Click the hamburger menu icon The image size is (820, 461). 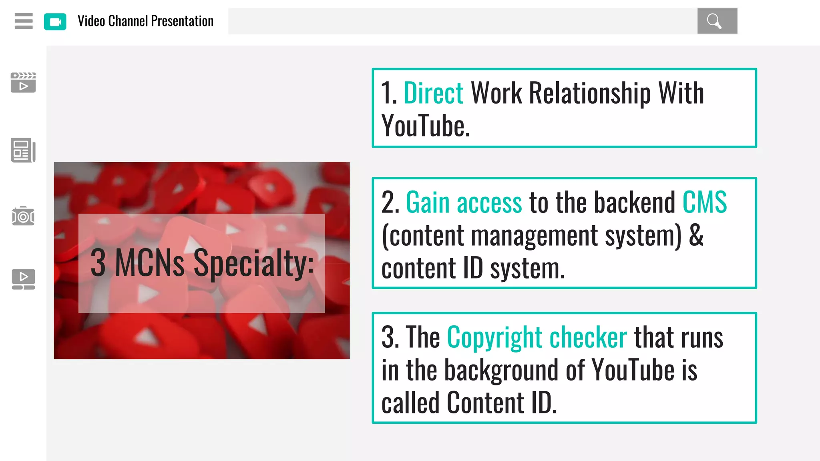[x=24, y=21]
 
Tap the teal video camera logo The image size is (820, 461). [x=55, y=22]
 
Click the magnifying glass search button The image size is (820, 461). [x=717, y=21]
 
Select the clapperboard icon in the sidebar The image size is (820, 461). [x=23, y=82]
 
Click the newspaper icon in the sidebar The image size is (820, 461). [x=23, y=150]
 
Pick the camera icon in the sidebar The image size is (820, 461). [x=23, y=216]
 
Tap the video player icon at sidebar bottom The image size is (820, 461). [x=23, y=279]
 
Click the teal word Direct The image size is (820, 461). [x=433, y=93]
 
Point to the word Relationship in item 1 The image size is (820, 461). [x=590, y=93]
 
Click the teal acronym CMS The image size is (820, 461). [x=704, y=202]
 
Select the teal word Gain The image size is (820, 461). [x=428, y=202]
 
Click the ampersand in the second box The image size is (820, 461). [x=696, y=235]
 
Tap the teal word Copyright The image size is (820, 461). [x=494, y=337]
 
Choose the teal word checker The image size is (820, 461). [x=588, y=337]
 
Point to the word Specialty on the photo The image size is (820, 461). [x=253, y=263]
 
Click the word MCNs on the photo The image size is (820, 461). [x=149, y=263]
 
